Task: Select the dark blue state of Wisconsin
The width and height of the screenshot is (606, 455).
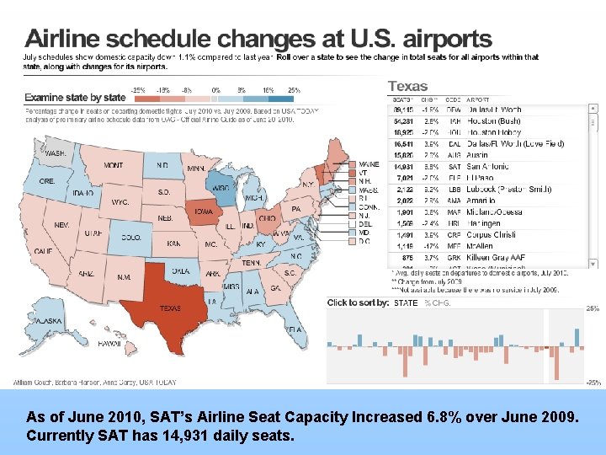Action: coord(221,186)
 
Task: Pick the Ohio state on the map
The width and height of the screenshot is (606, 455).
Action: coord(267,218)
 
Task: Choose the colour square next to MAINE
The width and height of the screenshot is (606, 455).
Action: coord(351,164)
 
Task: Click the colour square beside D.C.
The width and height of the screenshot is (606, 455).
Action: coord(351,241)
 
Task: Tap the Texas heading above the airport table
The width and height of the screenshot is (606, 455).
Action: coord(407,86)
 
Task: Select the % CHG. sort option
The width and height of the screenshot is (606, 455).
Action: coord(438,302)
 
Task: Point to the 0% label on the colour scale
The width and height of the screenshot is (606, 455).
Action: coord(216,89)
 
